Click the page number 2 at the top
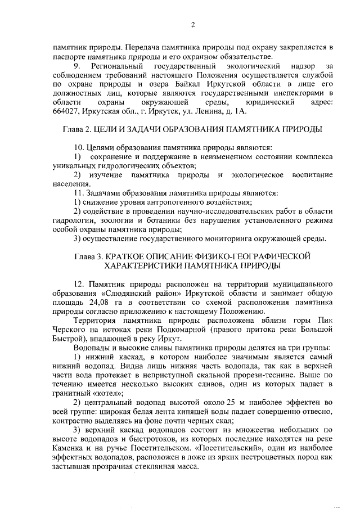[192, 24]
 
